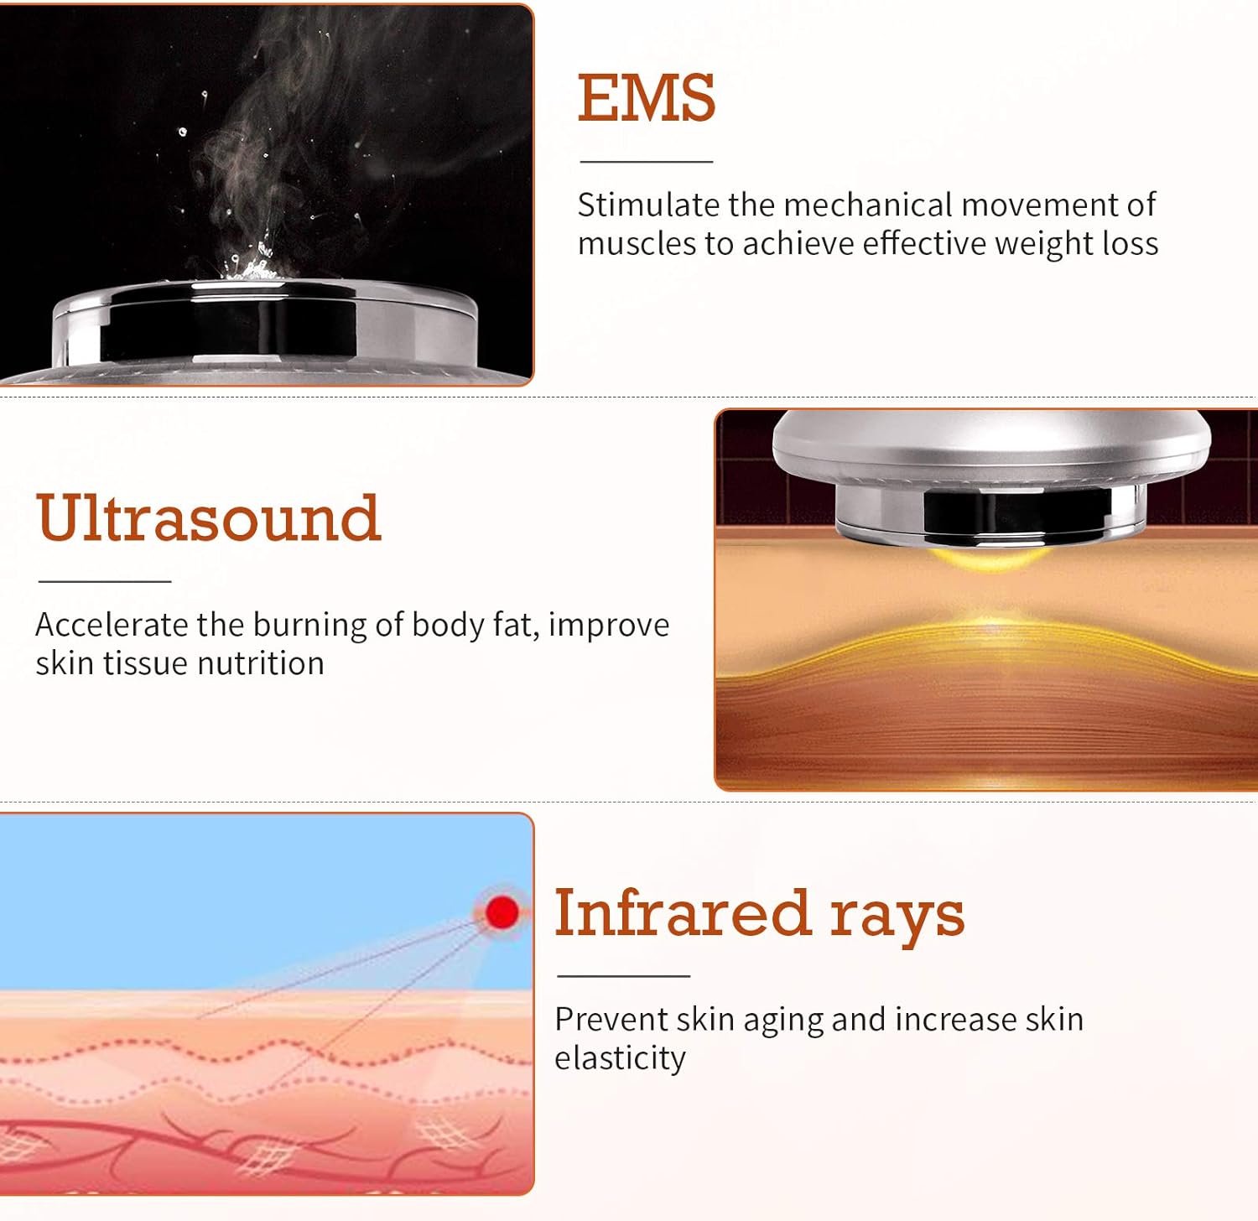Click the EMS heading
coord(647,98)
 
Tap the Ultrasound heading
coord(209,517)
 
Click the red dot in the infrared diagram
coord(502,912)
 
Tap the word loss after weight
coord(1131,243)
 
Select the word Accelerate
coord(112,625)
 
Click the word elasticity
coord(621,1059)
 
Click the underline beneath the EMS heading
coord(647,161)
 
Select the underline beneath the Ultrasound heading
coord(105,580)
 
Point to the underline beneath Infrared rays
coord(623,976)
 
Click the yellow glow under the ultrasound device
coord(987,557)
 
